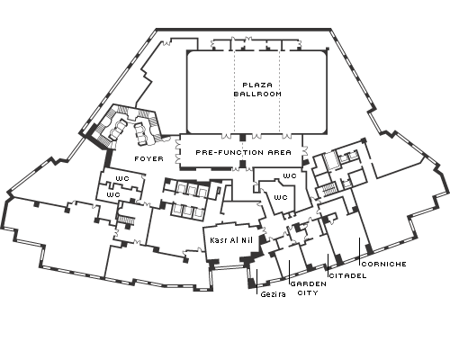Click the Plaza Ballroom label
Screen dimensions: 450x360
pos(257,89)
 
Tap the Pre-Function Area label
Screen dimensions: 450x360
pos(243,152)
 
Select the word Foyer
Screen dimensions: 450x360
pos(149,158)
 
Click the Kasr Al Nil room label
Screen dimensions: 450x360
pos(231,240)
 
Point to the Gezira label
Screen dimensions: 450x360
pos(273,294)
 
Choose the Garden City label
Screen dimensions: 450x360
pos(309,288)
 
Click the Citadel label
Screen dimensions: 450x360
pos(348,275)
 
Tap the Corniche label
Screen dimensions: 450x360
pos(384,264)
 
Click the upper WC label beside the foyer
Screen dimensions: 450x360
pos(122,178)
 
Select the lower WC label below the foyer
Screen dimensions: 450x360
pos(113,194)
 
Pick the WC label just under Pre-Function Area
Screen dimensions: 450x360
pos(290,175)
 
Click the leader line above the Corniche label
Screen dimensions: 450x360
pos(360,252)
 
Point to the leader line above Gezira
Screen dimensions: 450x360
pos(256,282)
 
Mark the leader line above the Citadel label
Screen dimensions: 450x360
pos(328,265)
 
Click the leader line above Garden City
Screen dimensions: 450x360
pos(289,273)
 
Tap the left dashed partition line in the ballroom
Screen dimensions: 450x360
pos(234,92)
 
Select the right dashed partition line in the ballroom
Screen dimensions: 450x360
pos(280,92)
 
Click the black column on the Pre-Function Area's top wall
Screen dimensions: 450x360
pos(243,138)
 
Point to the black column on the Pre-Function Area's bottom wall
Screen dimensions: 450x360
pos(243,164)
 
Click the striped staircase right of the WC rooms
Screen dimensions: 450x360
pos(328,189)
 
